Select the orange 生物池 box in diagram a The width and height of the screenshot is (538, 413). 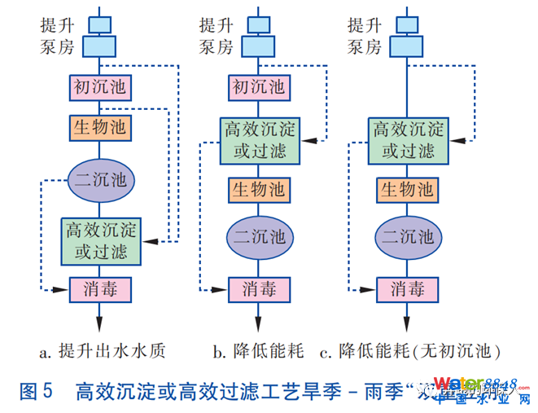tap(99, 127)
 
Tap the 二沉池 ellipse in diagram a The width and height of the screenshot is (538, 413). tap(99, 178)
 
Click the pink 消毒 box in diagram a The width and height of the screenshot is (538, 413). tap(99, 288)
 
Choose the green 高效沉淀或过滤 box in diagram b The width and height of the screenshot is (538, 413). tap(260, 139)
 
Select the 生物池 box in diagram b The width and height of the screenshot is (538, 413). tap(260, 190)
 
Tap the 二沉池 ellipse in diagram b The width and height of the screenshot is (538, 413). tap(260, 237)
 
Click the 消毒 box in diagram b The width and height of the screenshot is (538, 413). tap(260, 288)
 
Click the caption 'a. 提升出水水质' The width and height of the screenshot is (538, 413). tap(103, 352)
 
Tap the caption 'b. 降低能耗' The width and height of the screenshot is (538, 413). tap(259, 352)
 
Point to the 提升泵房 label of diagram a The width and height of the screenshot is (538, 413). tap(56, 35)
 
